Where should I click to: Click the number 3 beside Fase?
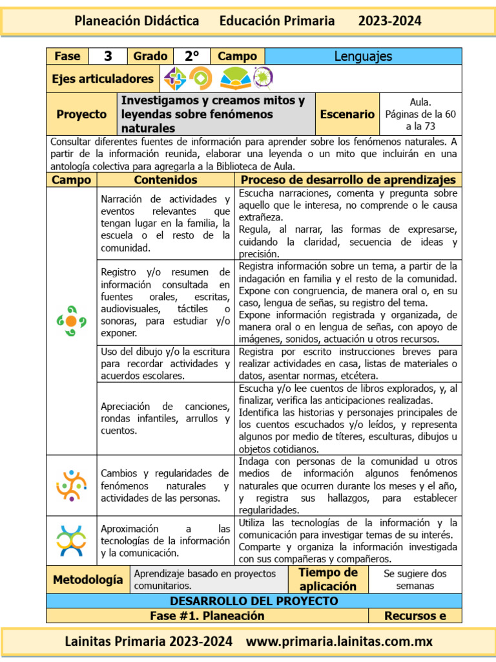coord(108,56)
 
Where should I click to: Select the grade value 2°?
coord(192,56)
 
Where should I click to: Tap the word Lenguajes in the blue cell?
coord(363,56)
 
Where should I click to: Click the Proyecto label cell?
coord(81,114)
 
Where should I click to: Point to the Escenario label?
coord(347,114)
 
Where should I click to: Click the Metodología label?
coord(88,579)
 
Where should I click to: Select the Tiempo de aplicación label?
coord(327,579)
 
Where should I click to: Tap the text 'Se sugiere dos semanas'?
coord(415,579)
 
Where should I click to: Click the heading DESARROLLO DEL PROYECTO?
coord(254,601)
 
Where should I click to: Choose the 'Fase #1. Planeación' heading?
coord(207,615)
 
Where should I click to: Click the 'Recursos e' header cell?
coord(415,615)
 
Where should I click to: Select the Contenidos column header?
coord(165,180)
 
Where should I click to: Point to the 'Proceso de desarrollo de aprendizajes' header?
coord(348,180)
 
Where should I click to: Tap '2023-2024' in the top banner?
coord(389,21)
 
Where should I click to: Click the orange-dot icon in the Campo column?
coord(71,321)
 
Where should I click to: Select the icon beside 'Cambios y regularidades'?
coord(71,485)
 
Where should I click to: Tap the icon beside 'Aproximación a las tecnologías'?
coord(71,540)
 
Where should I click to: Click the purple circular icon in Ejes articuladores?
coord(263,78)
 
